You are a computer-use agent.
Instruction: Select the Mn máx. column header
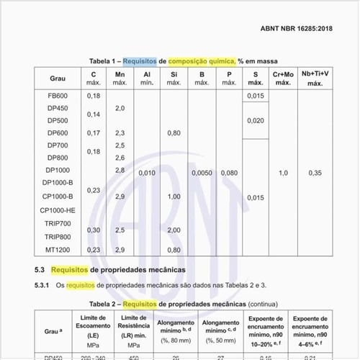coord(120,78)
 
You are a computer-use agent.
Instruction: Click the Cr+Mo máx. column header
coord(283,78)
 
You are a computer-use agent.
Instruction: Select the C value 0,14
coord(94,114)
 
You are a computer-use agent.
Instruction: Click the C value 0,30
coord(94,230)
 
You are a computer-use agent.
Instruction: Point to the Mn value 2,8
coord(120,170)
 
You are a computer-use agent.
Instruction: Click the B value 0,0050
coord(202,173)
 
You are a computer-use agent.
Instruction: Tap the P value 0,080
coord(229,173)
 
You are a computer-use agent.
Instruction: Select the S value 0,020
coord(255,120)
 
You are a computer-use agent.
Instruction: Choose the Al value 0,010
coord(146,173)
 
